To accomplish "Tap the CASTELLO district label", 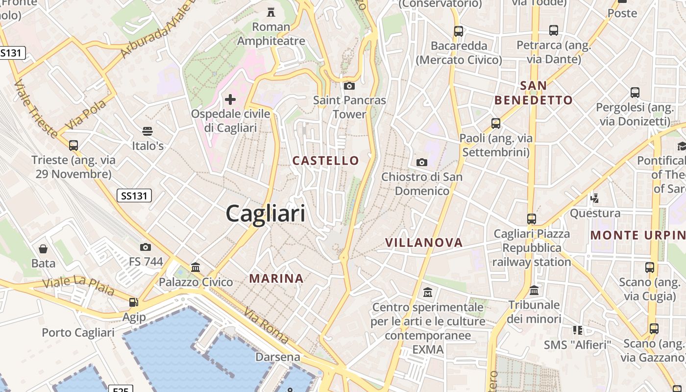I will pyautogui.click(x=325, y=161).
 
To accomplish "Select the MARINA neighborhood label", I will pyautogui.click(x=276, y=279).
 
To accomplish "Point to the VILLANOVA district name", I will pyautogui.click(x=424, y=243).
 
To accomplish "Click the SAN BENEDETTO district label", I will pyautogui.click(x=533, y=93).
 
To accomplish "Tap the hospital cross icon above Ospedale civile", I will pyautogui.click(x=230, y=100).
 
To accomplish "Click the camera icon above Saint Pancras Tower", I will pyautogui.click(x=349, y=86).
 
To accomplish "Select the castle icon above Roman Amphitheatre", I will pyautogui.click(x=270, y=12).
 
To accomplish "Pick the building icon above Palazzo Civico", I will pyautogui.click(x=196, y=268).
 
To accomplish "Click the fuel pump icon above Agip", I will pyautogui.click(x=133, y=302).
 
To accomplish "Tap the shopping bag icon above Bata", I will pyautogui.click(x=43, y=249).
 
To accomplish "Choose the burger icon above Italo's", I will pyautogui.click(x=147, y=131).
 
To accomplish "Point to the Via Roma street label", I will pyautogui.click(x=267, y=326).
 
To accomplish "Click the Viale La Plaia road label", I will pyautogui.click(x=78, y=287).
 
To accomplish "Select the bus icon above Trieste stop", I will pyautogui.click(x=73, y=146).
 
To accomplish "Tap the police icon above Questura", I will pyautogui.click(x=595, y=198).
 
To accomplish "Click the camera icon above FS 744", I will pyautogui.click(x=146, y=247).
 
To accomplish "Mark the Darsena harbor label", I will pyautogui.click(x=278, y=357).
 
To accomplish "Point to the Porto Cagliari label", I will pyautogui.click(x=78, y=333).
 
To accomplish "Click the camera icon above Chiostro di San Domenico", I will pyautogui.click(x=421, y=162).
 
